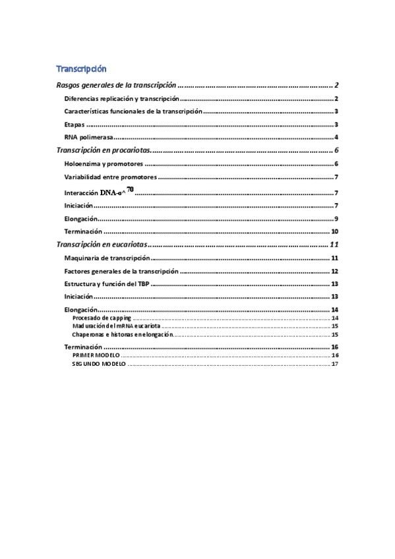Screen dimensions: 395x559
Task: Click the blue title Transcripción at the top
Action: point(81,69)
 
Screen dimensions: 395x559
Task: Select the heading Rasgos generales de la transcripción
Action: point(116,85)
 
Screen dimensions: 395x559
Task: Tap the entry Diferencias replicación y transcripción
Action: point(121,99)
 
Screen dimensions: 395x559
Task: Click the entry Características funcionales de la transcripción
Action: point(133,112)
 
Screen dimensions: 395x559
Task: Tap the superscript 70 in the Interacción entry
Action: point(130,190)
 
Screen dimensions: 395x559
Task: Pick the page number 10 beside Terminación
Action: point(334,232)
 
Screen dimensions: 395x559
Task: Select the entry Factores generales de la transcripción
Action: point(121,271)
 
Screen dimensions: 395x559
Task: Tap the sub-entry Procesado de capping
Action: point(102,318)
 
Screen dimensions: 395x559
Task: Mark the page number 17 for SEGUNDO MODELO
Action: point(335,364)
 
